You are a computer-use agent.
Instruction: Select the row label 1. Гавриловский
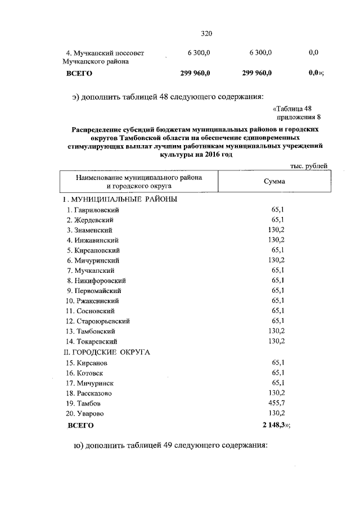pyautogui.click(x=93, y=210)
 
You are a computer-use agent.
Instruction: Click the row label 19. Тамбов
pyautogui.click(x=85, y=403)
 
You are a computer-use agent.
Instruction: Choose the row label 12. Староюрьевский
pyautogui.click(x=98, y=321)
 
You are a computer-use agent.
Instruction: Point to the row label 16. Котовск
pyautogui.click(x=85, y=373)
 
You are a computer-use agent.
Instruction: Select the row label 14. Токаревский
pyautogui.click(x=92, y=341)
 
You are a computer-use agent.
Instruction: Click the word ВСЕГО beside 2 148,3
pyautogui.click(x=80, y=426)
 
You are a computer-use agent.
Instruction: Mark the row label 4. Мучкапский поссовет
pyautogui.click(x=105, y=53)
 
